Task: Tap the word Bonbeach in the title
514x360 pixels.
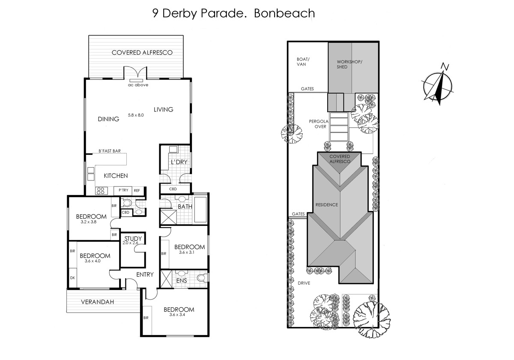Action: coord(284,13)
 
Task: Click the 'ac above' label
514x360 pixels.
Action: coord(138,85)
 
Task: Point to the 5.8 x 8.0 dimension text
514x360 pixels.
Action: coord(136,115)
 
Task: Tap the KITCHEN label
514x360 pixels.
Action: coord(116,176)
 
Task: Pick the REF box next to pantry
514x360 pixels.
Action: coord(137,191)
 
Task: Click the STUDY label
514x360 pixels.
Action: coord(133,239)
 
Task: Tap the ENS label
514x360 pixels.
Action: coord(181,281)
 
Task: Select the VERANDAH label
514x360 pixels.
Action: coord(97,302)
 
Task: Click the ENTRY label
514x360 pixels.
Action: coord(145,275)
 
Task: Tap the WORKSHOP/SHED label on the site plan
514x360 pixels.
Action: coord(349,64)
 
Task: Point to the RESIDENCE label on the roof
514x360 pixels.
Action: coord(327,205)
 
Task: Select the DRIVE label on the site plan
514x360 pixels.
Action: coord(305,283)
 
